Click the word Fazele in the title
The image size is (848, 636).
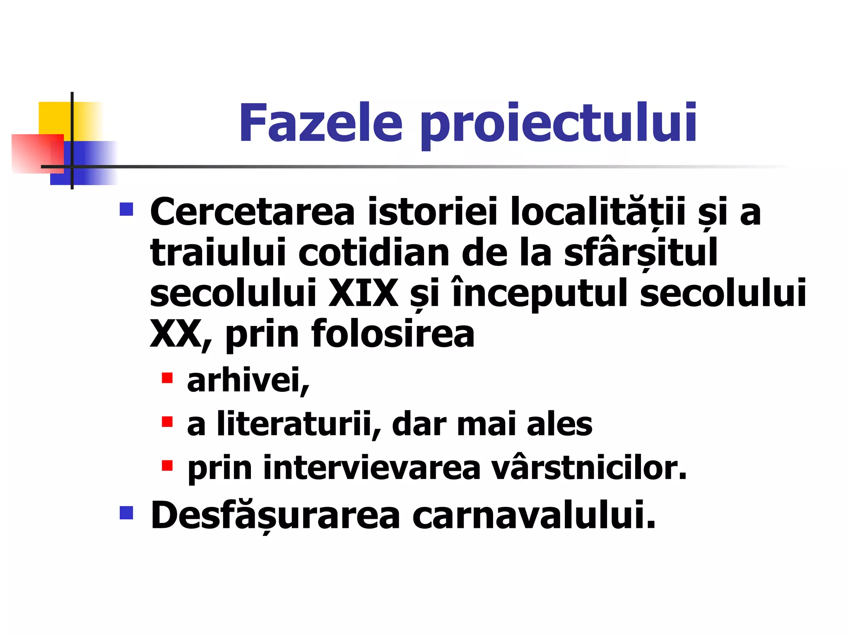[x=320, y=123]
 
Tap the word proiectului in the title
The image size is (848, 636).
[x=559, y=124]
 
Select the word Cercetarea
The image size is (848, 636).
[x=253, y=212]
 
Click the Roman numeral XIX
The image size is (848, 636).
[x=363, y=293]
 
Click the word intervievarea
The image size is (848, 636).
[x=371, y=468]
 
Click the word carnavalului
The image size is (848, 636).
[x=534, y=515]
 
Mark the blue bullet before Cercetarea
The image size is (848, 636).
[x=126, y=210]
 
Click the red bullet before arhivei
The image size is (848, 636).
[x=167, y=378]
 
